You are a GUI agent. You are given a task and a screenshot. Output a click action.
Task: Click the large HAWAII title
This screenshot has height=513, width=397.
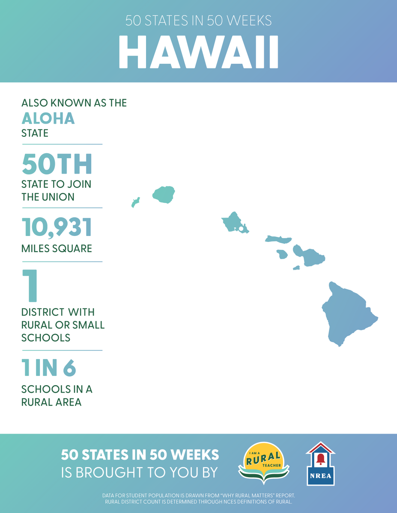pyautogui.click(x=198, y=52)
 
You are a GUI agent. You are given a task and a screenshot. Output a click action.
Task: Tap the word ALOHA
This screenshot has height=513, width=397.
pyautogui.click(x=48, y=118)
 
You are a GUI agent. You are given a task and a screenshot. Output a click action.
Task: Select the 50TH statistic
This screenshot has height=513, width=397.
pyautogui.click(x=57, y=165)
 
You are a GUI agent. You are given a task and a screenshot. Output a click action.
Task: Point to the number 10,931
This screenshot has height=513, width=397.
pyautogui.click(x=57, y=227)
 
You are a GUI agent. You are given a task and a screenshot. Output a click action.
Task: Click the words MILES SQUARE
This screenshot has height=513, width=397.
pyautogui.click(x=57, y=248)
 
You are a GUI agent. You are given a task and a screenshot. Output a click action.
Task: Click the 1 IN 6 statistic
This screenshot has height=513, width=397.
pyautogui.click(x=49, y=368)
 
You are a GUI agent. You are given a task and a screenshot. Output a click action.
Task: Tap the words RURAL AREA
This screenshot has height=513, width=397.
pyautogui.click(x=51, y=402)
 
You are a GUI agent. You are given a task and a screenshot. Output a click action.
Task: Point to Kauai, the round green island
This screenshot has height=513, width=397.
pyautogui.click(x=164, y=194)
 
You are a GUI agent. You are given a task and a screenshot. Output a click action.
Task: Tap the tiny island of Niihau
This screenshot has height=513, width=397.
pyautogui.click(x=136, y=202)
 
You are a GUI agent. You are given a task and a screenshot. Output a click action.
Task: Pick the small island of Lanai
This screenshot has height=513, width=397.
pyautogui.click(x=282, y=254)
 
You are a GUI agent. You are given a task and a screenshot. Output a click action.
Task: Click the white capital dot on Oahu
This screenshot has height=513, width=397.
pyautogui.click(x=241, y=229)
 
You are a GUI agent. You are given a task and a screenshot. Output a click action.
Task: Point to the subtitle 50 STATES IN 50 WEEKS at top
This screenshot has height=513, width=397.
pyautogui.click(x=198, y=21)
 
